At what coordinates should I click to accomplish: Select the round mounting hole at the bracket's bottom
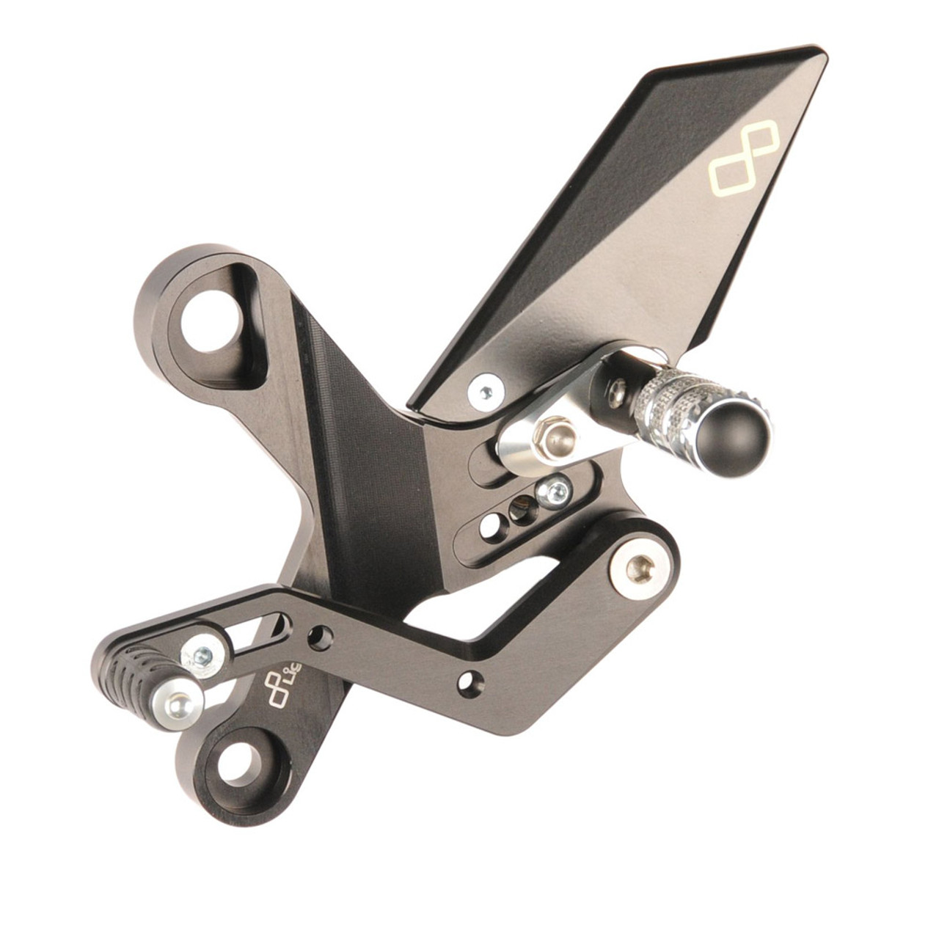[x=239, y=764]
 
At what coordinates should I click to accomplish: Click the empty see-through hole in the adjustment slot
[x=490, y=525]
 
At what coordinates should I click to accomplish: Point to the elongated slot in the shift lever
[x=260, y=632]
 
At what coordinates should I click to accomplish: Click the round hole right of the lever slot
[x=319, y=637]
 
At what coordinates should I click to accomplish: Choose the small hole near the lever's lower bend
[x=470, y=682]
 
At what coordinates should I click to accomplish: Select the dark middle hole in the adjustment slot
[x=522, y=508]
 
